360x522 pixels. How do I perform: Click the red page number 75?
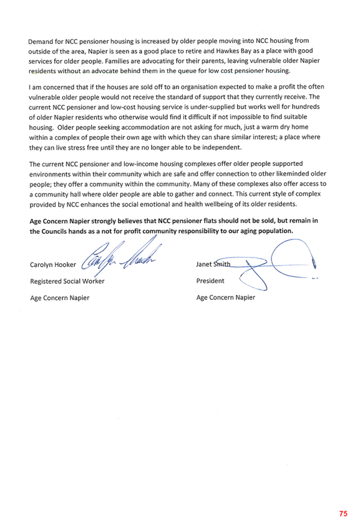343,513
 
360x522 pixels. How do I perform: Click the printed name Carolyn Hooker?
53,264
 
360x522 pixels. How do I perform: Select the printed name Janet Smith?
213,264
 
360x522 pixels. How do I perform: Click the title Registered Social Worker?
67,281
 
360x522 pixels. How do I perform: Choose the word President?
210,281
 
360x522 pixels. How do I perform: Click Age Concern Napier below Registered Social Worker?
60,298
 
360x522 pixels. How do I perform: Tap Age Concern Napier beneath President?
226,297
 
